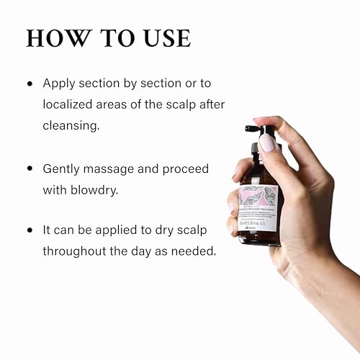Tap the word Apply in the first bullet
point(59,84)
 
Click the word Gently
point(63,168)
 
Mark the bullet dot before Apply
point(30,84)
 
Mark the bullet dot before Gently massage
point(30,168)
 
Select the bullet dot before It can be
point(30,231)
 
